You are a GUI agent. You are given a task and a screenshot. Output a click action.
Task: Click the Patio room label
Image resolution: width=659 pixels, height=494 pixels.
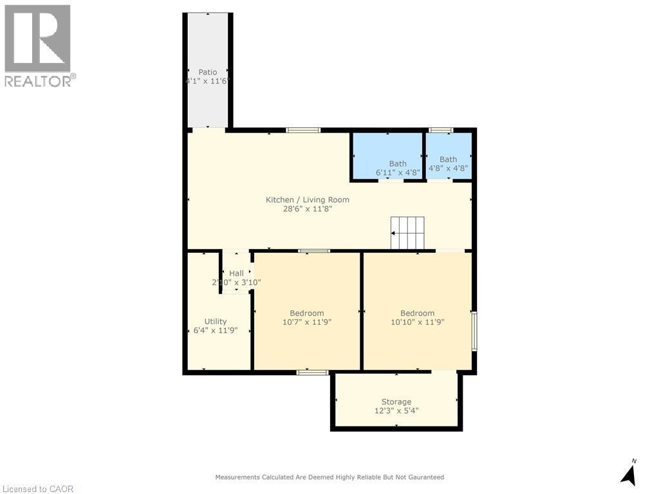click(x=207, y=72)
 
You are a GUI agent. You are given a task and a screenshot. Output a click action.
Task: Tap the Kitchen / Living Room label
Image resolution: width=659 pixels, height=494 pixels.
click(x=308, y=199)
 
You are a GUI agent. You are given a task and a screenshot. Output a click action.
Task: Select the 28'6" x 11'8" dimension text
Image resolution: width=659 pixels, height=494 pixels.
click(x=308, y=209)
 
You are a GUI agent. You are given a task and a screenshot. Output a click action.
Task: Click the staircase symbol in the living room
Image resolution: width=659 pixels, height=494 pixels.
click(x=408, y=233)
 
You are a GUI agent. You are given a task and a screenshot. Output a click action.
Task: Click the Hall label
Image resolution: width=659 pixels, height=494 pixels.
click(x=236, y=273)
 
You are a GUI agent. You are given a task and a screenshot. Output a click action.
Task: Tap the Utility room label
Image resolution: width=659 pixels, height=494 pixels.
click(x=216, y=322)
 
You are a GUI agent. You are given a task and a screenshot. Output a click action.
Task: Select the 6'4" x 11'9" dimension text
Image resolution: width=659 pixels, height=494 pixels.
click(x=216, y=331)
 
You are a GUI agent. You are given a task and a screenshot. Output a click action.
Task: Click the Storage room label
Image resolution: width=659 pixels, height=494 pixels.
click(x=396, y=401)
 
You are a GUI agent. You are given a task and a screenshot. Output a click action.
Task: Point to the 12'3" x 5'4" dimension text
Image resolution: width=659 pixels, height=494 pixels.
click(x=396, y=410)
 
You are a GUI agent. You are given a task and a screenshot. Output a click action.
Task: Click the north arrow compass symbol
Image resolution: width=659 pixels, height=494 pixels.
click(x=629, y=473)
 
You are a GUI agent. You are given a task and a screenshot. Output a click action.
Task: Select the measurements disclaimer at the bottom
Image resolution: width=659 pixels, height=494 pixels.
click(x=329, y=477)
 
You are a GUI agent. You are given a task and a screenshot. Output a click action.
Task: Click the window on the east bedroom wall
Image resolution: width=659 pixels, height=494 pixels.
click(x=474, y=331)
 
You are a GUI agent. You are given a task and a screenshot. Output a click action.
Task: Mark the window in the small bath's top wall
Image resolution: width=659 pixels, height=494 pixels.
click(x=441, y=131)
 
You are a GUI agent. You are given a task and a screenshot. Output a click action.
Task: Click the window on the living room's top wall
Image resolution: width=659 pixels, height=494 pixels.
click(x=303, y=131)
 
